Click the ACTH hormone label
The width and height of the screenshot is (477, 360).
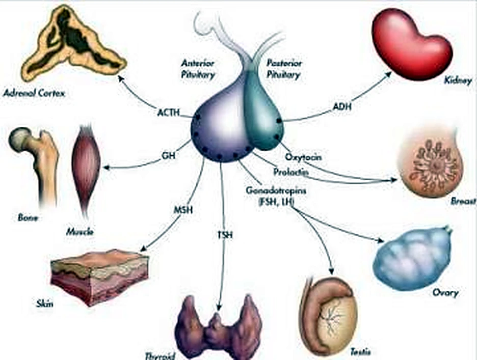(x=169, y=113)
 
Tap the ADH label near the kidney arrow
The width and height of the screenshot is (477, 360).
(x=342, y=106)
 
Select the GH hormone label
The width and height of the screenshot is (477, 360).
(x=169, y=156)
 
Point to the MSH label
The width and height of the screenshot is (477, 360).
(x=183, y=210)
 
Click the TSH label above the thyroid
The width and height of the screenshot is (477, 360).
(x=225, y=235)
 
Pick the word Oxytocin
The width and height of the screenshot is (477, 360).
(x=303, y=157)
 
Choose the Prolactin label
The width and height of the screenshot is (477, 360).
(x=291, y=172)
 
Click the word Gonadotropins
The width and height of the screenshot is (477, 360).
(x=276, y=190)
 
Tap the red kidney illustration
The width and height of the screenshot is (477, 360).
(x=411, y=44)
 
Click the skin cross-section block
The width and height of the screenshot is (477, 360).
(x=99, y=276)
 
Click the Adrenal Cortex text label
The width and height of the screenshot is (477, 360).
(x=34, y=93)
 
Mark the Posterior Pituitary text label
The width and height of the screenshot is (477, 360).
(x=283, y=69)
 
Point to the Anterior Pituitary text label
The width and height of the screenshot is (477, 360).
(x=198, y=69)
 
